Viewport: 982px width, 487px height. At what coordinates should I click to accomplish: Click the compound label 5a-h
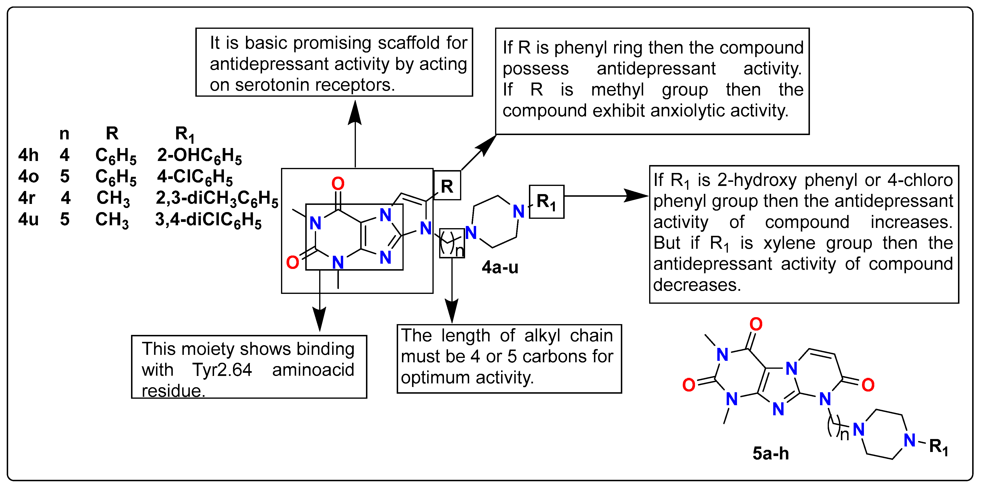(770, 453)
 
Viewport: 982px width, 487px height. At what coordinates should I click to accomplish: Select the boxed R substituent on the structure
(447, 186)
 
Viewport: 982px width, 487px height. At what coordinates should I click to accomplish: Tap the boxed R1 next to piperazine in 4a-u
(546, 202)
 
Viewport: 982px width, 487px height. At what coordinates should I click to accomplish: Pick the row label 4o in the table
(28, 176)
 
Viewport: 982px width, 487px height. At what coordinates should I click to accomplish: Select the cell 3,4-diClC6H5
(208, 220)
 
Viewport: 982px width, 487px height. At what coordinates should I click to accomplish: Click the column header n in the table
(64, 134)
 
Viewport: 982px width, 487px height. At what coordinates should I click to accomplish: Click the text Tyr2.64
(222, 370)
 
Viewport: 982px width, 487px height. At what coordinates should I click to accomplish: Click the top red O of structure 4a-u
(338, 184)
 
